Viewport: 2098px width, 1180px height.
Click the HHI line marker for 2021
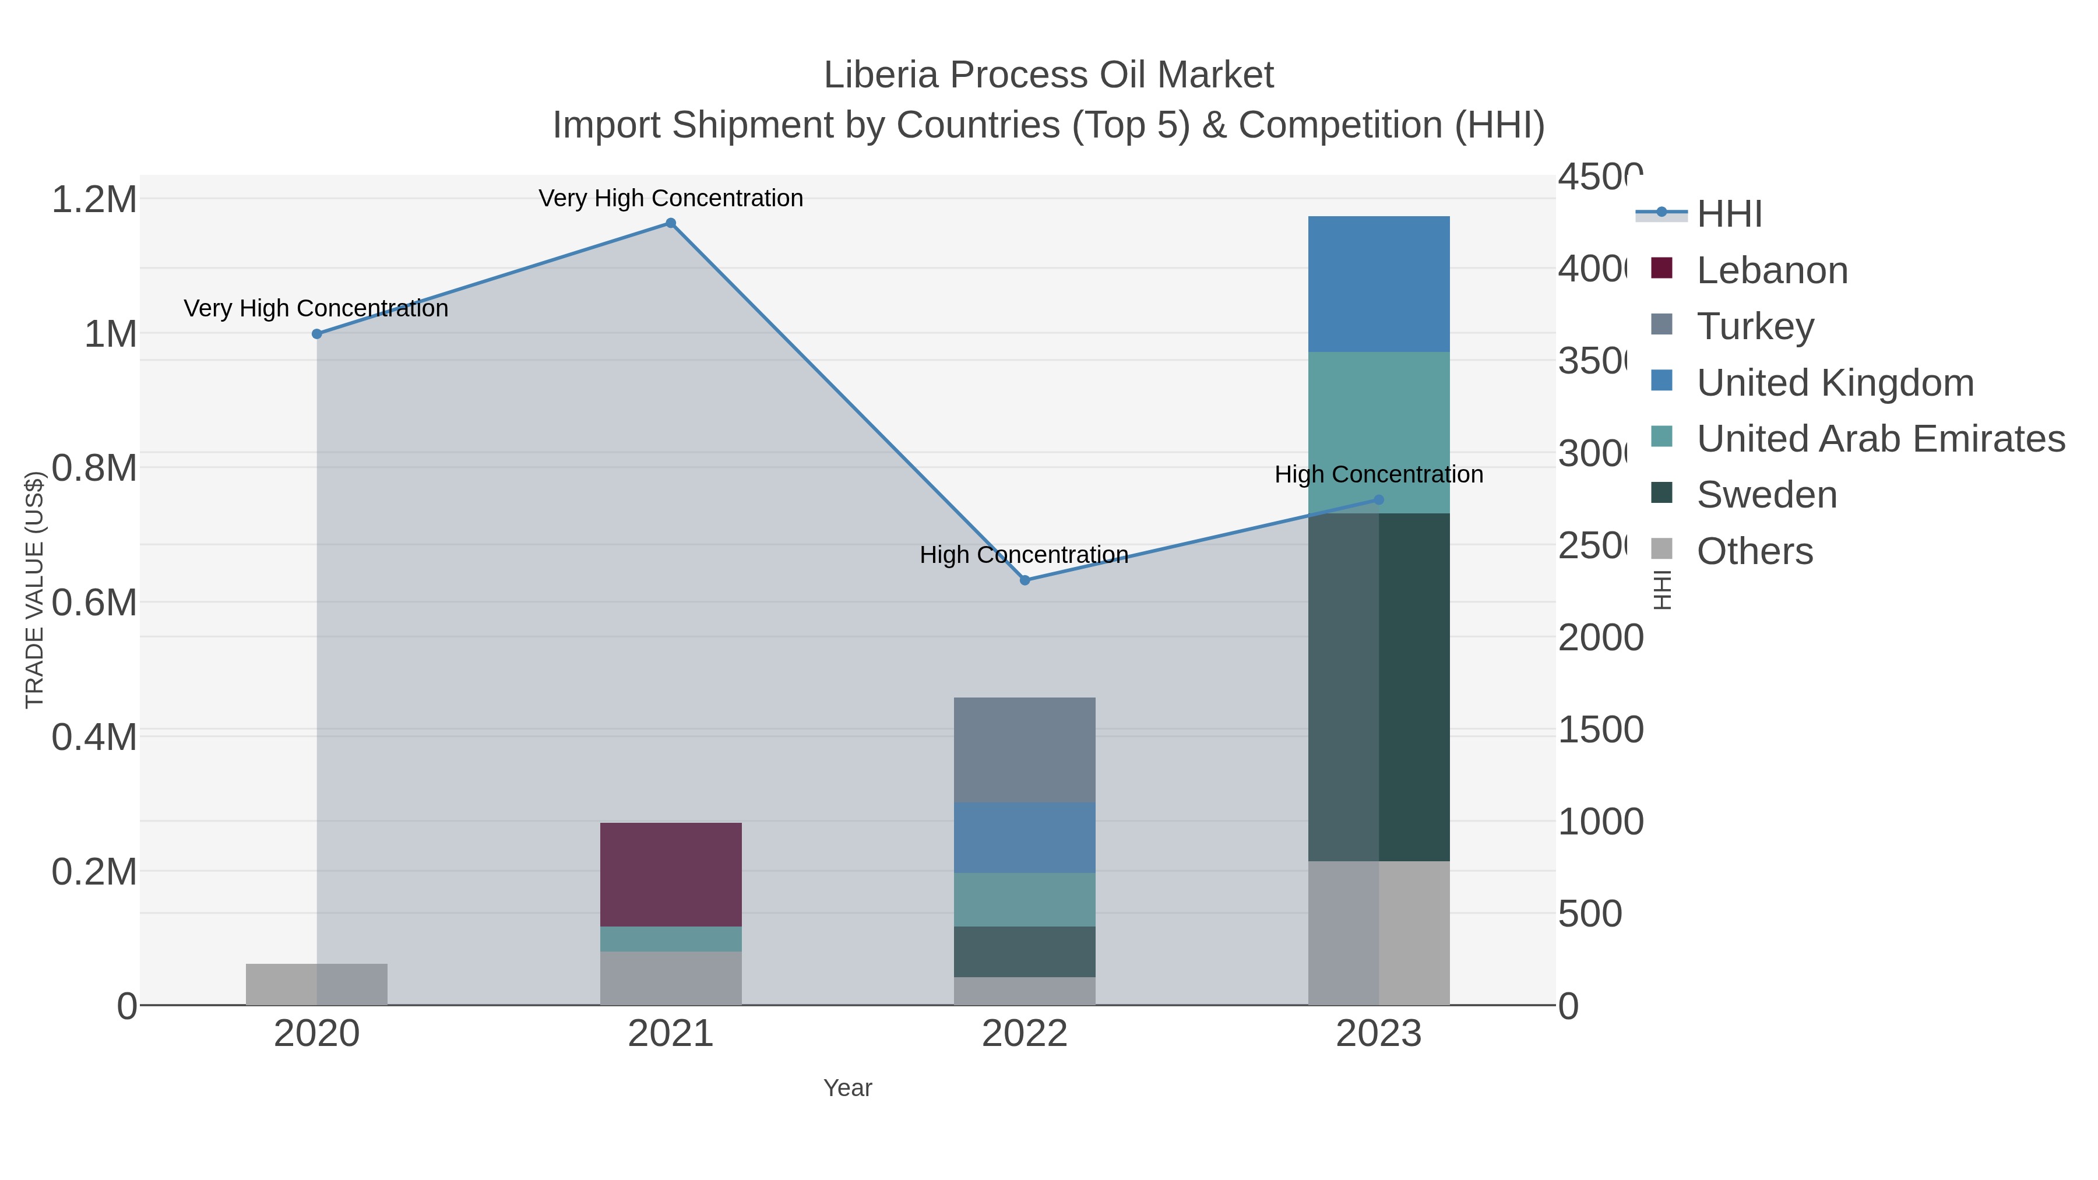point(670,223)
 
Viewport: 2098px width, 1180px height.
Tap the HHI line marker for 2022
point(1025,580)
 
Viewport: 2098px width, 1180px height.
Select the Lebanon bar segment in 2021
point(670,874)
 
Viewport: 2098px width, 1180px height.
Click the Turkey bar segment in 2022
point(1025,749)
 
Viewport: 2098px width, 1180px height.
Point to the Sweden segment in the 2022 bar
point(1025,951)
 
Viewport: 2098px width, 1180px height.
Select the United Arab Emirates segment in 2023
point(1378,432)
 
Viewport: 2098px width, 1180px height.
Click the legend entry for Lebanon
point(1772,270)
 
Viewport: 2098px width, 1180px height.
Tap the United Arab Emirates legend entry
point(1879,439)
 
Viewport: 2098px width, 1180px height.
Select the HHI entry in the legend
point(1729,214)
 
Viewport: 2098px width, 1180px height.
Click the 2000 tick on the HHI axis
point(1600,637)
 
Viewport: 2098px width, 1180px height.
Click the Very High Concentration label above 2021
point(670,198)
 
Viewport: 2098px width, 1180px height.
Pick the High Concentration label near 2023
point(1378,474)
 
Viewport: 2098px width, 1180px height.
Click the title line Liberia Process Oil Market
point(1048,75)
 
